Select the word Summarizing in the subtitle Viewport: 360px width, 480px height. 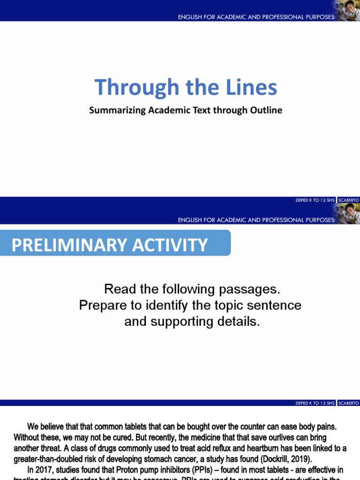(x=113, y=111)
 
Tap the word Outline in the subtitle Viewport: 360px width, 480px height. (x=267, y=111)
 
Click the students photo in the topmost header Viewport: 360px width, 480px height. (x=347, y=10)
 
